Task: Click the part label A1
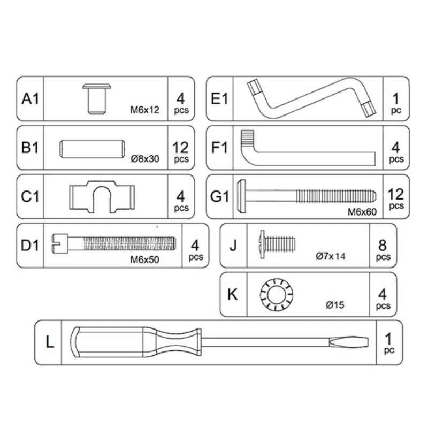30,99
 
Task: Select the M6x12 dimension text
144,110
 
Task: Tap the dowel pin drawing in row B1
92,148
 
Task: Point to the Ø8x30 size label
145,158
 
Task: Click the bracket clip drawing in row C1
101,196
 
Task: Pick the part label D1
30,246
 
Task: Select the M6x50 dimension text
145,260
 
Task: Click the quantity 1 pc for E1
396,103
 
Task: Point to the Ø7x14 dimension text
330,256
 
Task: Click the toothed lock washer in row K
277,294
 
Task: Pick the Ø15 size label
335,305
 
